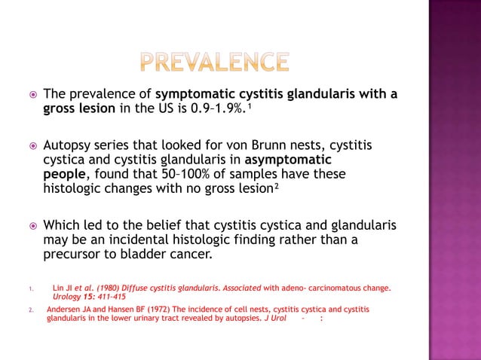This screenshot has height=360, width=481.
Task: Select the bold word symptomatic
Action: click(x=193, y=94)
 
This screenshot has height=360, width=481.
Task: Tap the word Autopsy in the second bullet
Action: click(x=69, y=145)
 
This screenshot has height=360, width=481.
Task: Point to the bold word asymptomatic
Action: click(x=290, y=160)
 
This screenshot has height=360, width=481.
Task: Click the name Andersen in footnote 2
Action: click(x=66, y=309)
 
